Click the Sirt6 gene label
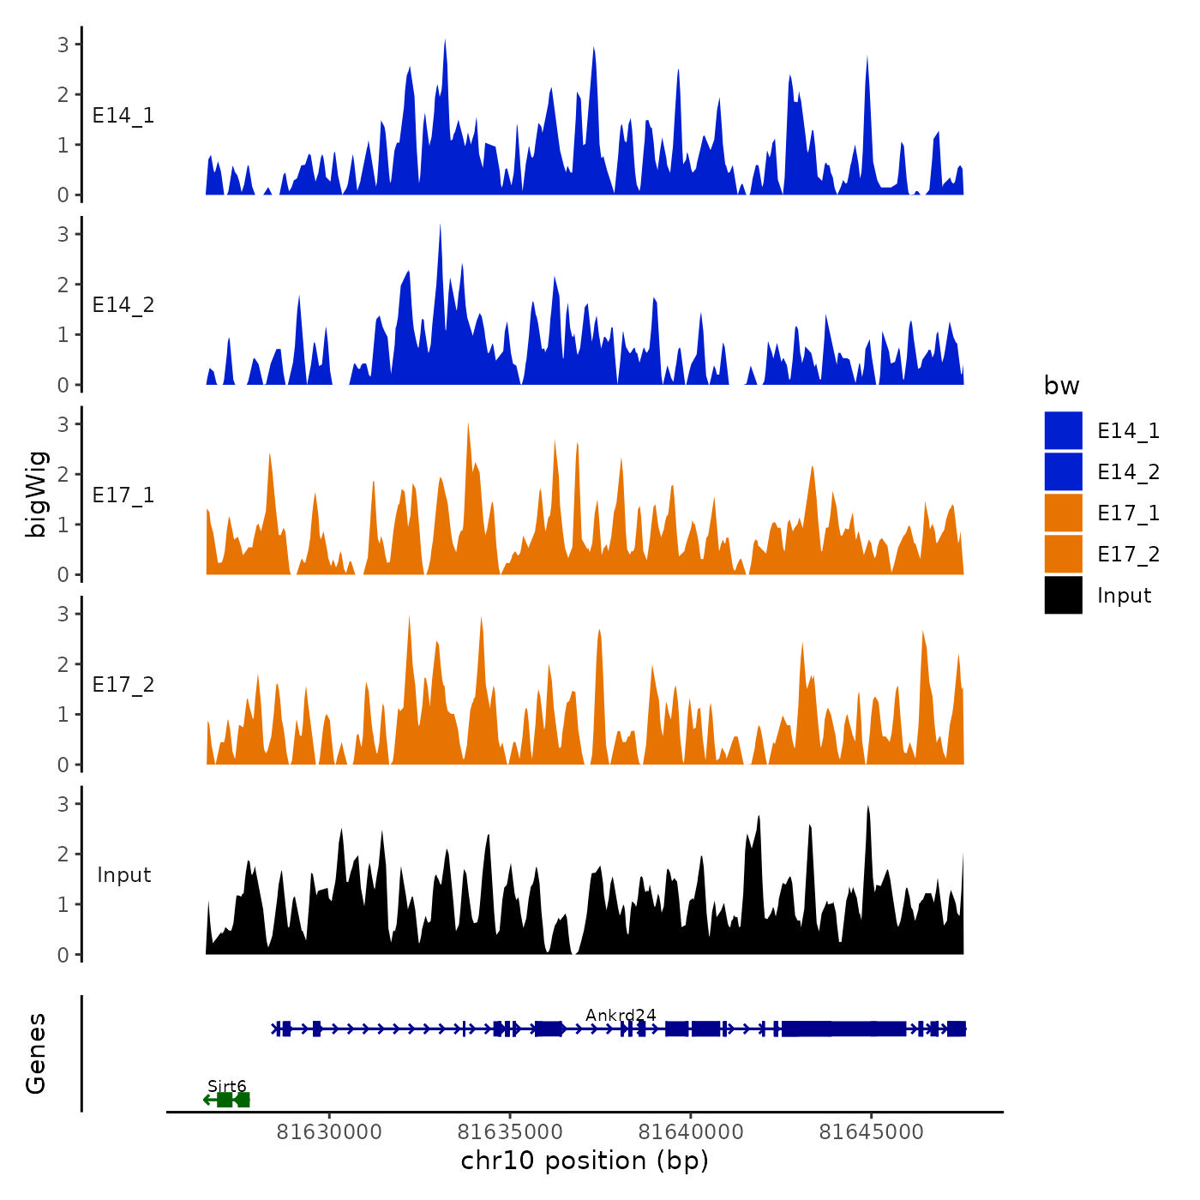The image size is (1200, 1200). pyautogui.click(x=226, y=1086)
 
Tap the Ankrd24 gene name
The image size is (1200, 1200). pyautogui.click(x=621, y=1015)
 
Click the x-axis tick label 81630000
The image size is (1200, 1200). pyautogui.click(x=329, y=1132)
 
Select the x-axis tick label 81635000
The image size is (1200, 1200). pyautogui.click(x=510, y=1132)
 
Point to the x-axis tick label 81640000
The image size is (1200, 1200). pyautogui.click(x=691, y=1132)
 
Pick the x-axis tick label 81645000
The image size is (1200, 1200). pyautogui.click(x=872, y=1132)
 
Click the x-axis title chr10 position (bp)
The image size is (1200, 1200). pyautogui.click(x=585, y=1161)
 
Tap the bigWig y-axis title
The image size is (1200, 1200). pyautogui.click(x=36, y=495)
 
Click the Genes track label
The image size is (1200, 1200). pyautogui.click(x=36, y=1053)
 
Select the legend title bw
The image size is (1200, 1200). pyautogui.click(x=1061, y=386)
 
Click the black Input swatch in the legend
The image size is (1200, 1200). pyautogui.click(x=1063, y=595)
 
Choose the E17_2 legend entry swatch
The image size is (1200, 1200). pyautogui.click(x=1063, y=554)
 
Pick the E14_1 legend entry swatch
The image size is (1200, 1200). pyautogui.click(x=1063, y=430)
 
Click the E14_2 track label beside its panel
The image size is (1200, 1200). pyautogui.click(x=123, y=305)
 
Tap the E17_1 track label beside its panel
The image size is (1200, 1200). pyautogui.click(x=123, y=495)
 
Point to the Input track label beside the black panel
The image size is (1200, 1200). pyautogui.click(x=123, y=875)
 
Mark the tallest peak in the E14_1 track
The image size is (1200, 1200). pyautogui.click(x=445, y=41)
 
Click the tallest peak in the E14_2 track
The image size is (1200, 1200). pyautogui.click(x=440, y=226)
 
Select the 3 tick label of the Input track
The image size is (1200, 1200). pyautogui.click(x=63, y=804)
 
